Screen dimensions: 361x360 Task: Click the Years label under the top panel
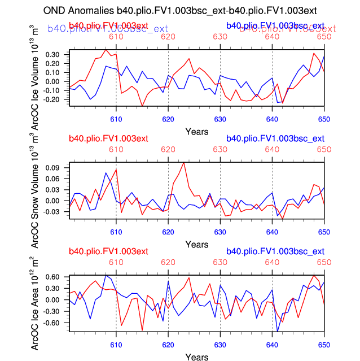coord(196,132)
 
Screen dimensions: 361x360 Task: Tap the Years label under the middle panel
coord(196,245)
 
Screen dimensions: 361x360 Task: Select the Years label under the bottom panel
coord(196,357)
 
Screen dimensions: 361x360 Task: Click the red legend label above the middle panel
coord(108,138)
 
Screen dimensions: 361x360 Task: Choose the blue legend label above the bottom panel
coord(275,251)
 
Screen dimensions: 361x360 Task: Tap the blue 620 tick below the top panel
coord(168,119)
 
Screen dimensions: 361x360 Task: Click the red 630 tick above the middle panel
coord(220,150)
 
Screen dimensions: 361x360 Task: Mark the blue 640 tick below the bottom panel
coord(272,345)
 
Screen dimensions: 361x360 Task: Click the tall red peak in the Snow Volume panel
coord(184,163)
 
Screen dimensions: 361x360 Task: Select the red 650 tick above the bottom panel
coord(324,263)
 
